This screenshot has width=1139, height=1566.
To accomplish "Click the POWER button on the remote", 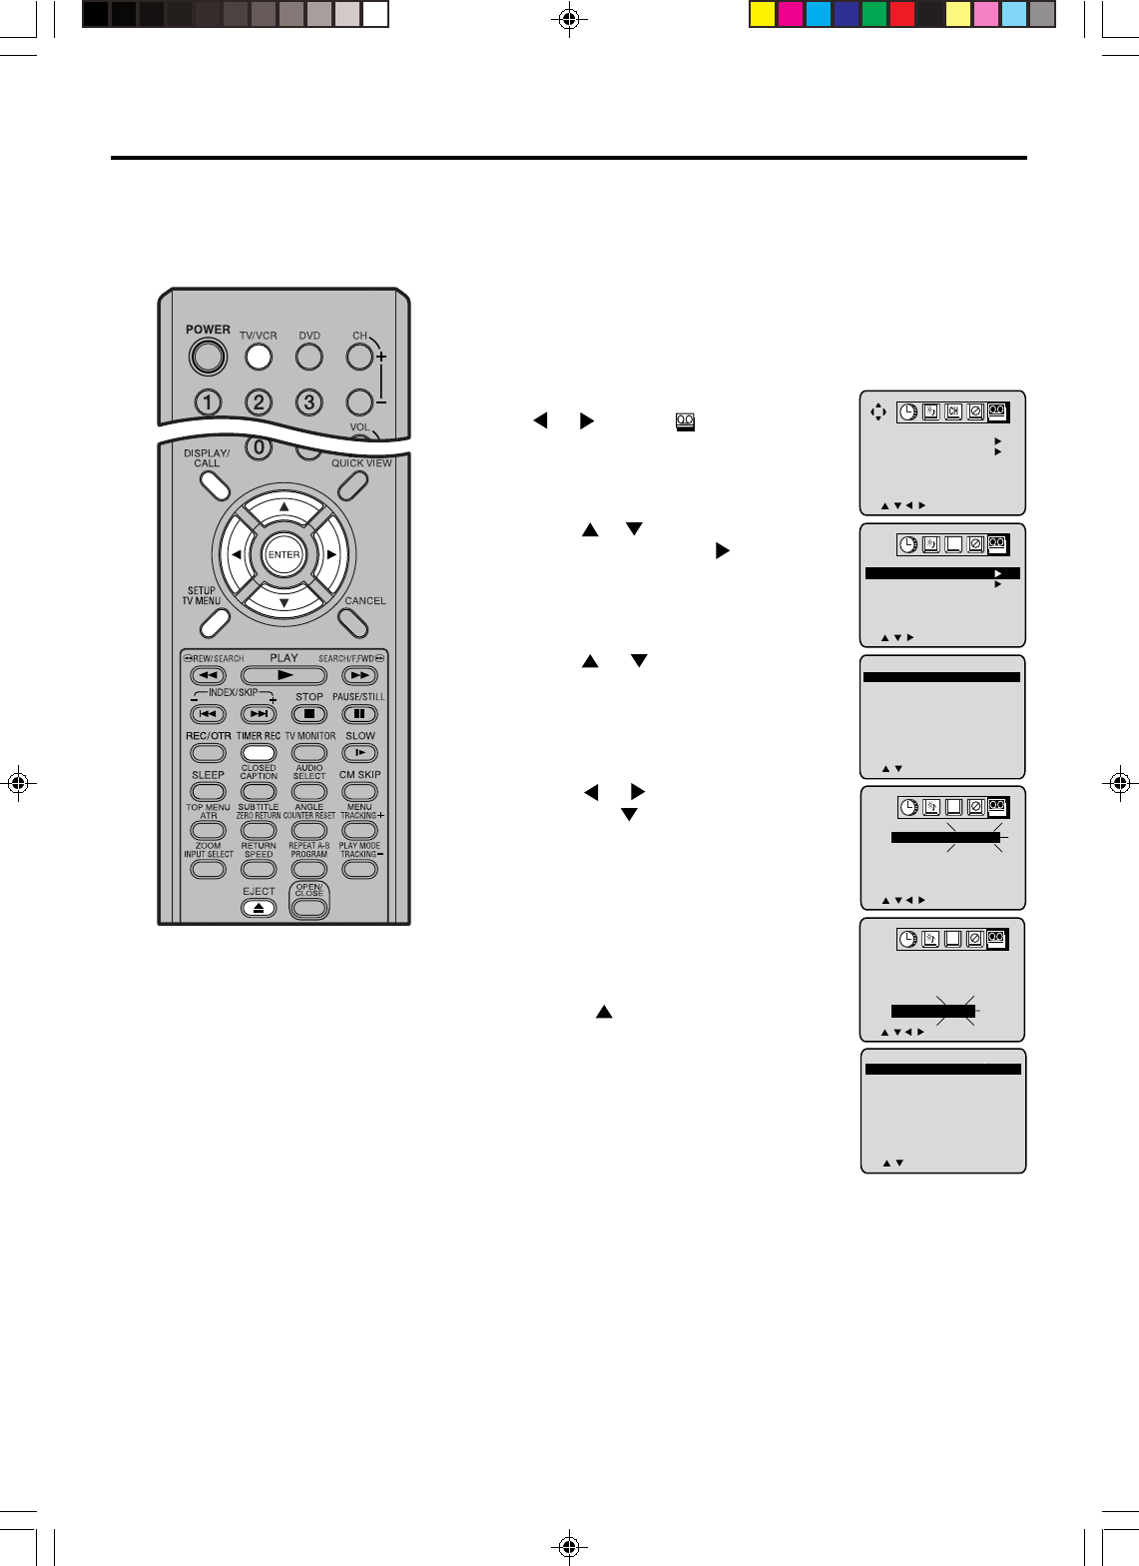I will coord(207,356).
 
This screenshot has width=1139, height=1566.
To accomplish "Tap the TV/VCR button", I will coord(259,356).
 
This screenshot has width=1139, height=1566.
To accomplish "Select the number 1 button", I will coord(208,402).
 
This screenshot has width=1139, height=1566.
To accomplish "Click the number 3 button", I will coord(309,402).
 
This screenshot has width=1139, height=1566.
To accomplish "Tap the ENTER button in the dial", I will coord(284,554).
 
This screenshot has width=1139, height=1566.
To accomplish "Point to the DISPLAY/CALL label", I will coord(207,457).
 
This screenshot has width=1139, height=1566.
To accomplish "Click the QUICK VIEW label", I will coord(361,462).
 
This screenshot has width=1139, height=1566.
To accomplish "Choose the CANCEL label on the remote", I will coord(365,600).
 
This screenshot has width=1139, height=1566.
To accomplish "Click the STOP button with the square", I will coord(309,714).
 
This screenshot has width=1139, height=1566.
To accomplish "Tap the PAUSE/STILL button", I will coord(359,714).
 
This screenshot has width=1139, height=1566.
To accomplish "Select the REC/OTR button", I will coord(208,753).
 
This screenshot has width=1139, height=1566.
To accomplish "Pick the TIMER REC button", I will coord(259,753).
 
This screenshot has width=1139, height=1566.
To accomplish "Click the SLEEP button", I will coord(208,792).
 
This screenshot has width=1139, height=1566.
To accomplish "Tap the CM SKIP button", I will coord(359,792).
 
